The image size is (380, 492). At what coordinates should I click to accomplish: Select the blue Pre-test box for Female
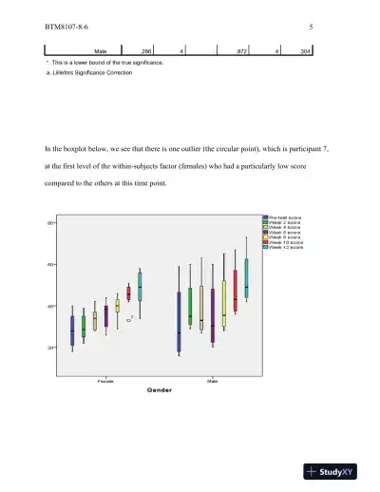(71, 330)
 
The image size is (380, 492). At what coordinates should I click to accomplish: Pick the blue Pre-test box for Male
(179, 322)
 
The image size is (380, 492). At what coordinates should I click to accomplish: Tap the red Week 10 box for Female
(129, 293)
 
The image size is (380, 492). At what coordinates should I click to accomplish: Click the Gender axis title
(157, 389)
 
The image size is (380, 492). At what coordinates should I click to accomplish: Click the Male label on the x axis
(212, 381)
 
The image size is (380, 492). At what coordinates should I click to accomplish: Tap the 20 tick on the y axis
(49, 349)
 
